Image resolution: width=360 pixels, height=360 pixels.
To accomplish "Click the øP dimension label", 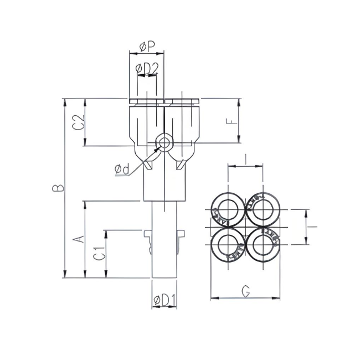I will (x=147, y=48).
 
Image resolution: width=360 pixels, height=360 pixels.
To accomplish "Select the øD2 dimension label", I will (x=147, y=68).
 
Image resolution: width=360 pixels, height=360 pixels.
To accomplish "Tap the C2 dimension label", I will (x=79, y=122).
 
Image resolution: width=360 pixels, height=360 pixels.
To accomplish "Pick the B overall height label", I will (x=58, y=188).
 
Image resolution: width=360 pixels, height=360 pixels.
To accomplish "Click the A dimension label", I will (x=79, y=239).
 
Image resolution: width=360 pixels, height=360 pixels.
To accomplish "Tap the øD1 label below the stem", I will (x=164, y=300).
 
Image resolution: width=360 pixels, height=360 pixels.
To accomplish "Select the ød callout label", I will (x=122, y=169).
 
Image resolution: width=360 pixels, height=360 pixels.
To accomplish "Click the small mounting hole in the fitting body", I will (x=164, y=143).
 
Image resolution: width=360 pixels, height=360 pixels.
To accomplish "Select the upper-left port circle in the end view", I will (x=227, y=209).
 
